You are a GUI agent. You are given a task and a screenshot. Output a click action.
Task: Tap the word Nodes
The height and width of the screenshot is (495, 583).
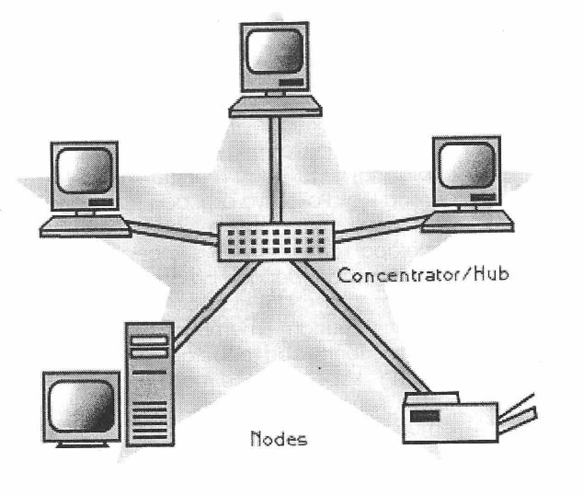[279, 439]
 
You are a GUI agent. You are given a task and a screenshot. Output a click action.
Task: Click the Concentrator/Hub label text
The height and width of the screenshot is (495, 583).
[423, 275]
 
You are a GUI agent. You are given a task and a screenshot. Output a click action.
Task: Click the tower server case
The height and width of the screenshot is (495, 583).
[150, 385]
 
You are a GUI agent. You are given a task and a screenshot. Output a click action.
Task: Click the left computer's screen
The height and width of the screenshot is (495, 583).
[85, 171]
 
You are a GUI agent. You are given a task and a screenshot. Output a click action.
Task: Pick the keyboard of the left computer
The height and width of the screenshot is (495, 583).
[86, 226]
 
